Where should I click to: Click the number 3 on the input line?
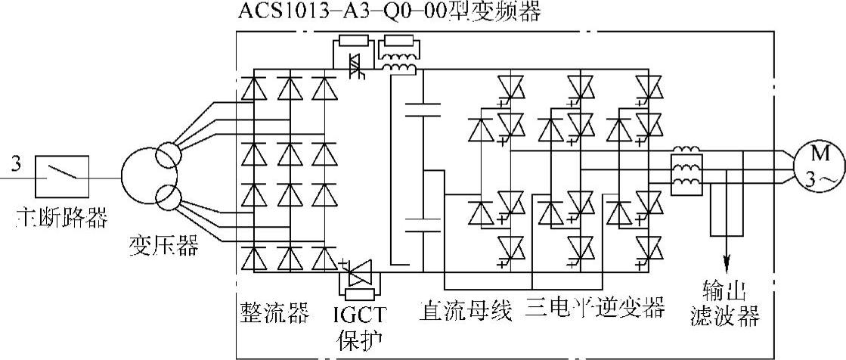coord(17,161)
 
